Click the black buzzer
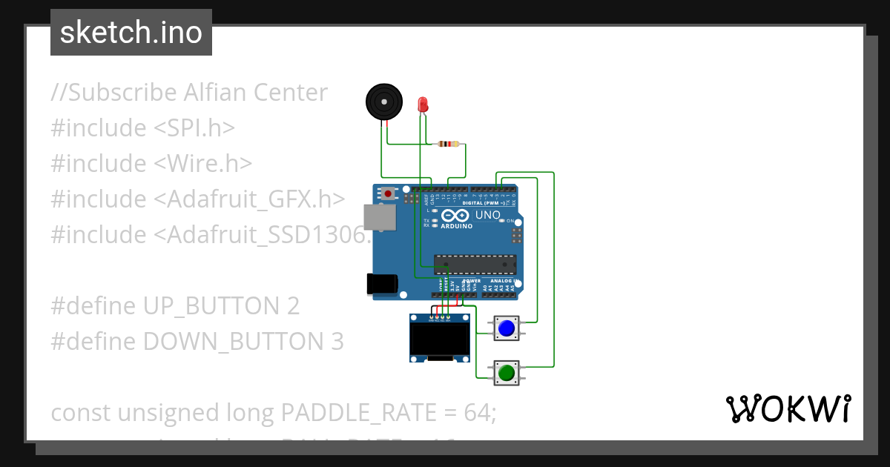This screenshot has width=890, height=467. pos(385,102)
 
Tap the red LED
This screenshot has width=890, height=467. pos(423,105)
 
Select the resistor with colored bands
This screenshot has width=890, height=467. pos(448,145)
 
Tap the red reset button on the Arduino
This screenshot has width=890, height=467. pos(388,194)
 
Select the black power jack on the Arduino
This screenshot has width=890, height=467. pos(382,284)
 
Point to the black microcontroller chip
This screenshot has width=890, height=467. pos(475,264)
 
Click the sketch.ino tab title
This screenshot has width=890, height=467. pos(131,33)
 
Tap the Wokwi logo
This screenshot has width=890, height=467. pos(788,408)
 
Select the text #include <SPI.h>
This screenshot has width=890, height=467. pos(142,128)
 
